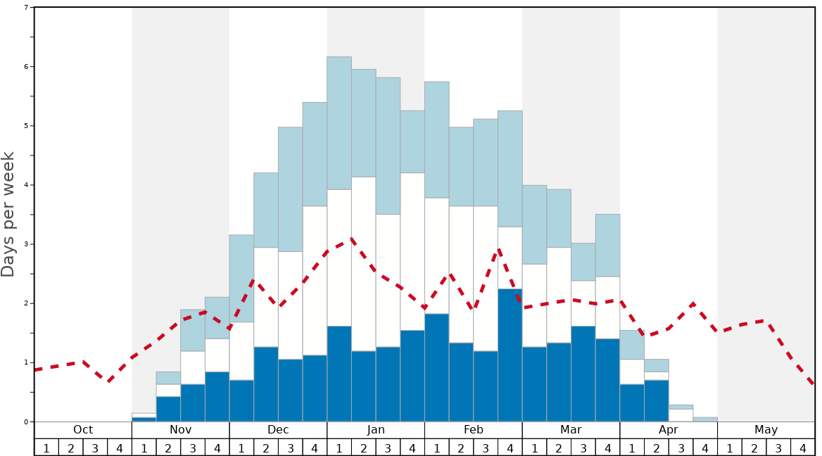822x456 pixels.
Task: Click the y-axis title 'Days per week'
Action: point(8,214)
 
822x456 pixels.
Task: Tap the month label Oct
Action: point(83,430)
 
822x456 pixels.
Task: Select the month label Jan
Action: point(376,430)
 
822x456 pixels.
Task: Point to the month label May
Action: point(766,430)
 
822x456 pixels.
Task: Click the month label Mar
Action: point(571,430)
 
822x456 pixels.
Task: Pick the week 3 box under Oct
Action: point(95,448)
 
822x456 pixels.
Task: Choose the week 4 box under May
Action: point(803,448)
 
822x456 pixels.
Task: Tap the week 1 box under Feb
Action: point(437,448)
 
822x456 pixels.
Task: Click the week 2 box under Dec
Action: point(266,448)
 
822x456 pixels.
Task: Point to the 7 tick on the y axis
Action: point(27,8)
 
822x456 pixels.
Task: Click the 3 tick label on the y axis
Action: point(27,244)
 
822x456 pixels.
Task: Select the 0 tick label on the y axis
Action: point(27,422)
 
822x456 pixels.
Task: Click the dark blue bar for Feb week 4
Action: point(510,355)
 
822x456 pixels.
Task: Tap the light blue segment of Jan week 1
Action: point(339,123)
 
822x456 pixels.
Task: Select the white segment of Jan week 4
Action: point(412,251)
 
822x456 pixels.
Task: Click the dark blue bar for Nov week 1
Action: point(144,419)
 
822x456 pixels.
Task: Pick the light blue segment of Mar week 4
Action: point(607,245)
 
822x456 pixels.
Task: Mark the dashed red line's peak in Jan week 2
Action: point(350,239)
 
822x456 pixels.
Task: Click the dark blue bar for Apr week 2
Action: point(657,400)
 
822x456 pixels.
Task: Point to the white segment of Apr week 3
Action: point(681,415)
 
